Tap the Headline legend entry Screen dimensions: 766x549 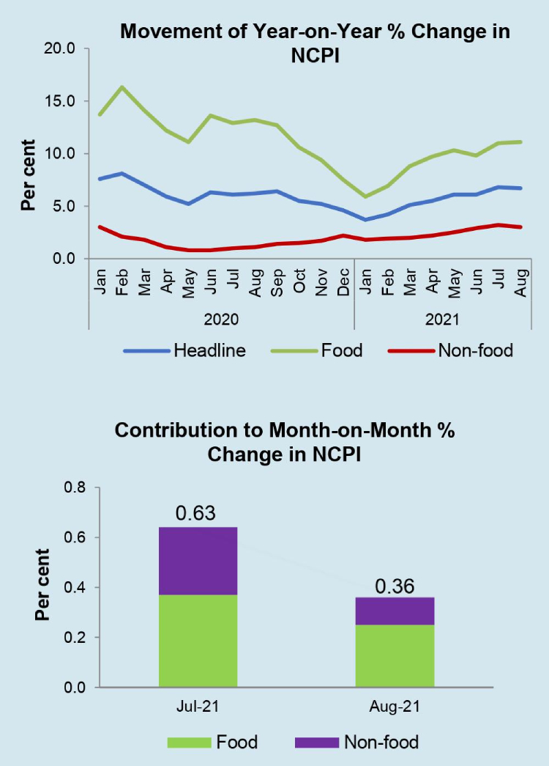(209, 350)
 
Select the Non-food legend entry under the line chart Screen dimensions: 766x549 (476, 350)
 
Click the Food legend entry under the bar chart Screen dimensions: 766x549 (236, 742)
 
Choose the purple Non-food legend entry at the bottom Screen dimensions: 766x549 (381, 742)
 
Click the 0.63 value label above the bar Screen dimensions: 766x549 (196, 512)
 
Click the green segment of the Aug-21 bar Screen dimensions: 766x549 (394, 656)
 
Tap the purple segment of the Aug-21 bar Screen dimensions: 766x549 (394, 611)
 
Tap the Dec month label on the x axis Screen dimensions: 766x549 (343, 281)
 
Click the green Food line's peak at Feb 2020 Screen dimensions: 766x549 (122, 87)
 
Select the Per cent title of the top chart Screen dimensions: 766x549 (28, 174)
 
